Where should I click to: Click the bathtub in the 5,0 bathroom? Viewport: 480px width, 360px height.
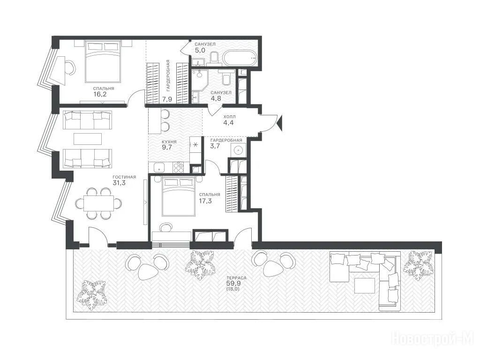(240, 58)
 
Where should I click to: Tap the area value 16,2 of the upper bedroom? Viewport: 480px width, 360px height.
(100, 94)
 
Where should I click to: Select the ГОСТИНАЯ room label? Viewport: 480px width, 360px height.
(124, 177)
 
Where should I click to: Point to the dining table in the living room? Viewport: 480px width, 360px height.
(98, 203)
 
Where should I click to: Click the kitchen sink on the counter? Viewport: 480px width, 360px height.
(159, 167)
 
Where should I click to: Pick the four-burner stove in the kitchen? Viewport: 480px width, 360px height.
(179, 167)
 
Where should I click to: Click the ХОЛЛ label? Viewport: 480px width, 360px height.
(230, 117)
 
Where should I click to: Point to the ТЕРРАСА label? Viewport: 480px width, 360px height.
(236, 277)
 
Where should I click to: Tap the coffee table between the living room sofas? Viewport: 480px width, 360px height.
(88, 139)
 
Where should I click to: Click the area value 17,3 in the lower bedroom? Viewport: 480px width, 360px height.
(205, 201)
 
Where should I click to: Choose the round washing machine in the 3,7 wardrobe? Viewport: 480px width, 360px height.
(238, 150)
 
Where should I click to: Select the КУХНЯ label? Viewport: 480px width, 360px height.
(169, 142)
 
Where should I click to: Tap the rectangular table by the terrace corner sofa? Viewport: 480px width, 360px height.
(365, 285)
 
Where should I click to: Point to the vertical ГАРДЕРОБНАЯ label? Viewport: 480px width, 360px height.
(168, 75)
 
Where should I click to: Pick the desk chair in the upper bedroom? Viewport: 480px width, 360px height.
(70, 67)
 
